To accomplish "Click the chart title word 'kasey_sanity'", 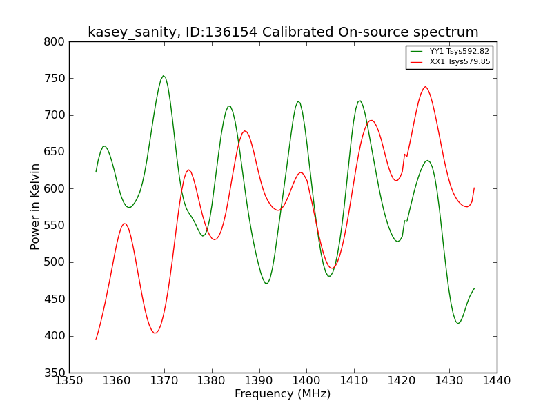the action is pos(132,32).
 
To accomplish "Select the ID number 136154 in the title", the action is pos(231,32).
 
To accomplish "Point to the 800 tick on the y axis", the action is pos(55,42).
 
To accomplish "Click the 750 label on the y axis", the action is pos(55,79).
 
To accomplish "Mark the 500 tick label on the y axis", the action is pos(55,262).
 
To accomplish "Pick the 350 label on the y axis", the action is pos(55,373).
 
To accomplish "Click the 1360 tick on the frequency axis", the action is pos(117,381).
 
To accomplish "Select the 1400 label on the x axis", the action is pos(306,381).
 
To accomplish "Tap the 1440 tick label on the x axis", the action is pos(496,381).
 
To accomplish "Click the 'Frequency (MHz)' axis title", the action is pos(283,393).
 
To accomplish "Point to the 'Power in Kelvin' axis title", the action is pos(34,207).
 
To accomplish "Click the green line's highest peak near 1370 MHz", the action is pos(164,76).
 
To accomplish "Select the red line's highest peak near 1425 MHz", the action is pos(425,87).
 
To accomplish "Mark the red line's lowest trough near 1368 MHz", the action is pos(155,333).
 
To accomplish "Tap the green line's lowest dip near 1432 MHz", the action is pos(458,324).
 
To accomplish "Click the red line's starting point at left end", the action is pos(96,339).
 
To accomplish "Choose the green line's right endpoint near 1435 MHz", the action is pos(474,288).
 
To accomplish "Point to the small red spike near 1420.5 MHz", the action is pos(405,154).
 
